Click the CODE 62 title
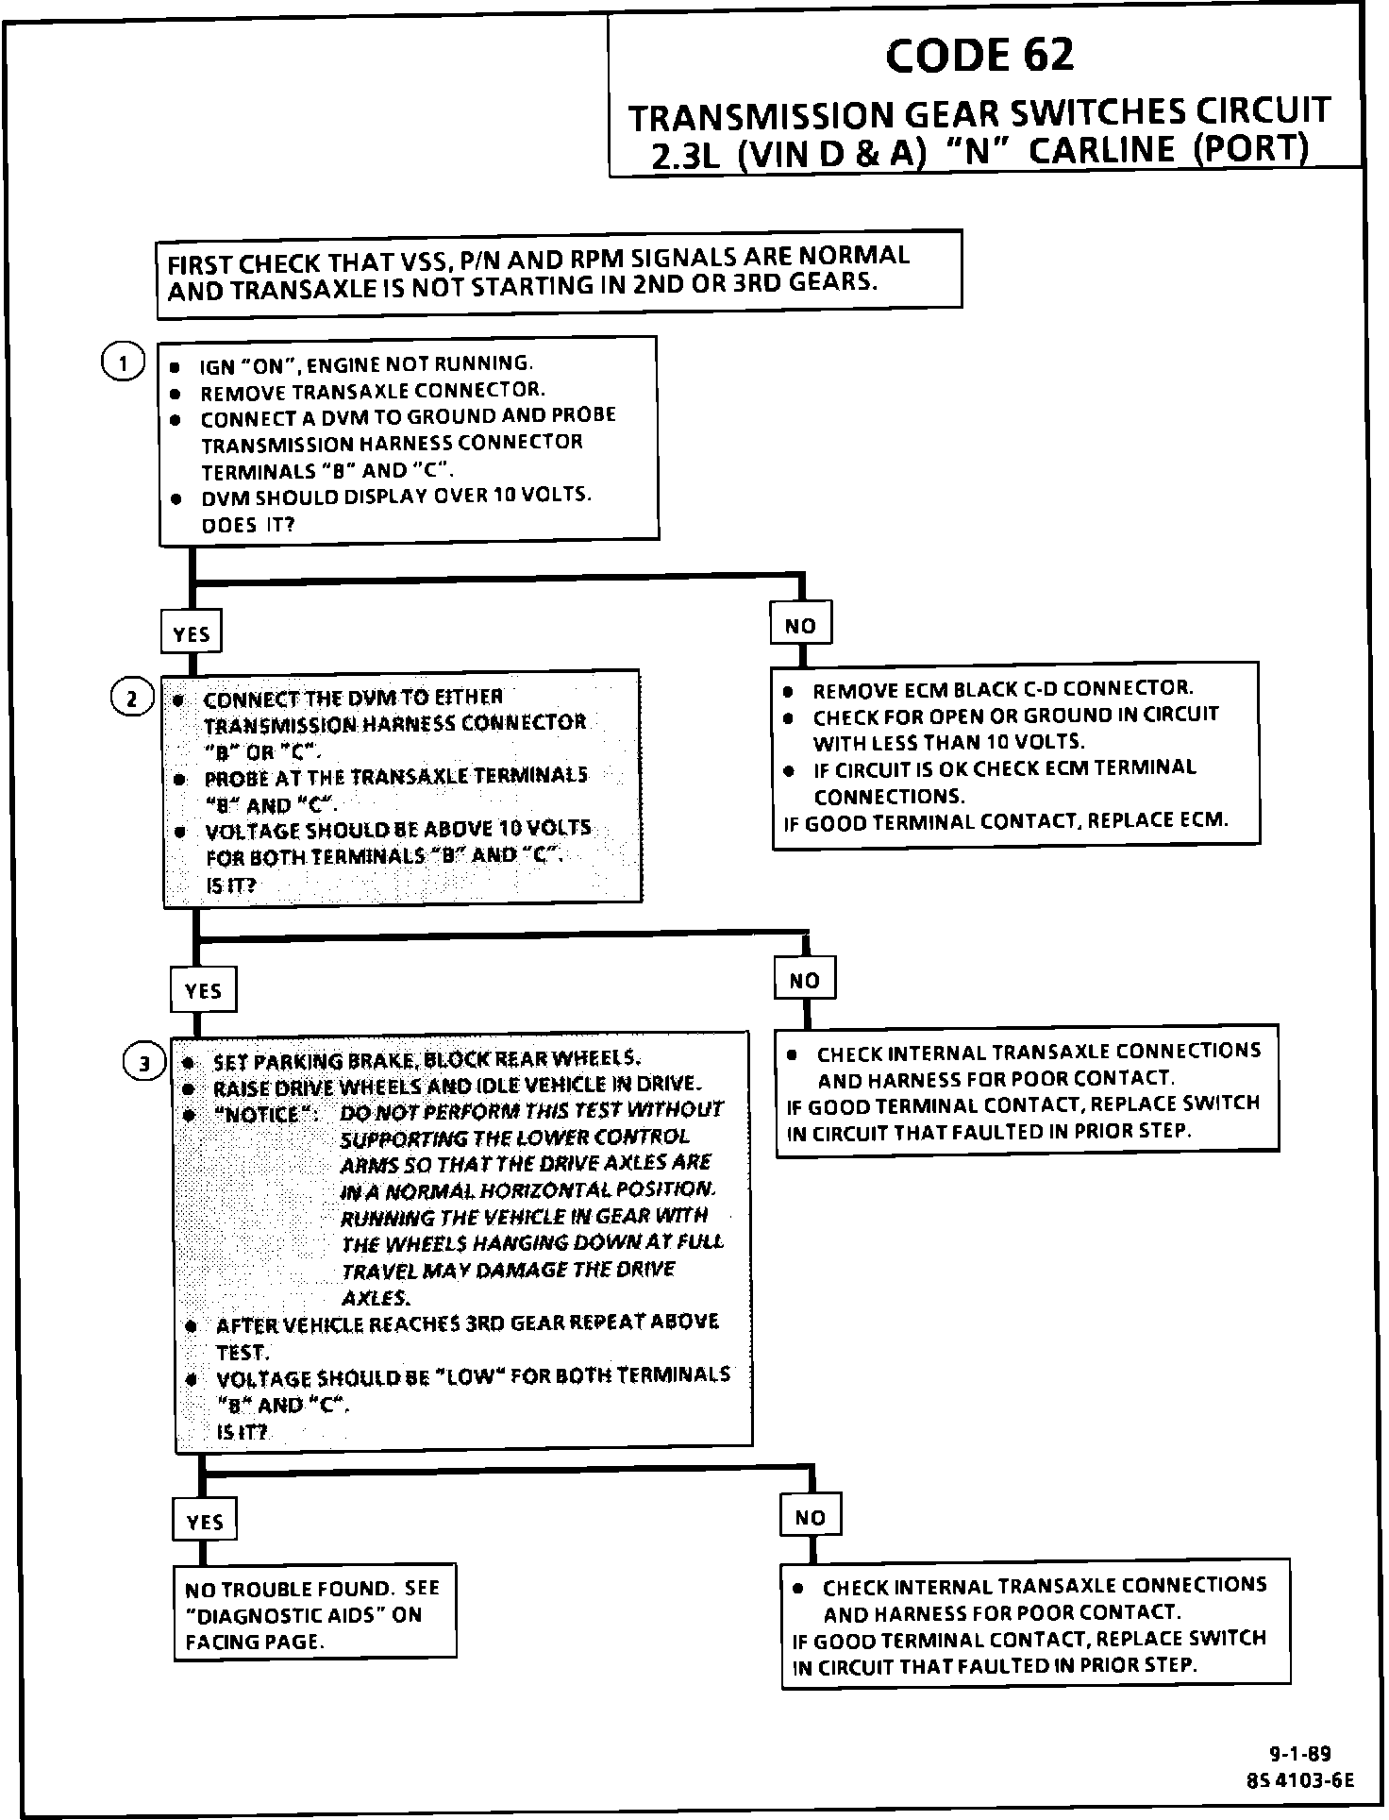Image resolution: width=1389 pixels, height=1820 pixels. coord(979,56)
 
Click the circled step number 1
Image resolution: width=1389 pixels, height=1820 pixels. coord(123,362)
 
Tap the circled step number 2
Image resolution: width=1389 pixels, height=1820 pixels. coord(132,699)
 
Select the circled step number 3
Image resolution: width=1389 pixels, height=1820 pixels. coord(144,1064)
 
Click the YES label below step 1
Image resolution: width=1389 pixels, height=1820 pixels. coord(192,633)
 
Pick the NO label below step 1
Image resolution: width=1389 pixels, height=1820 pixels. coord(800,625)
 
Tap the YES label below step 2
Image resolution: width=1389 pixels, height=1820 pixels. coord(203,990)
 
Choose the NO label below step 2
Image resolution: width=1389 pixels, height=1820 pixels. coord(804,981)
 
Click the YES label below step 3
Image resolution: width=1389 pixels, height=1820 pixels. coord(205,1522)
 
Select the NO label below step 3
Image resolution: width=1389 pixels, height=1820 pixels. coord(810,1518)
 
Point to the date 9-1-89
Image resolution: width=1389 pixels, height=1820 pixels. coord(1299,1755)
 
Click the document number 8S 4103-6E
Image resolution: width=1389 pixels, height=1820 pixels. coord(1299,1780)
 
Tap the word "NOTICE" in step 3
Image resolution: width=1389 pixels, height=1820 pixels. coord(260,1114)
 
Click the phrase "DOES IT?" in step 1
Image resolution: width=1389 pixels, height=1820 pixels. coord(248,525)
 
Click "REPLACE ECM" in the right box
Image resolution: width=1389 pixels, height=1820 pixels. coord(1158,819)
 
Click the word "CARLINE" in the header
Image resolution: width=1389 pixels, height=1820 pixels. coord(1102,150)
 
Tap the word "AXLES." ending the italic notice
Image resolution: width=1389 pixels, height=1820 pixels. coord(376,1298)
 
